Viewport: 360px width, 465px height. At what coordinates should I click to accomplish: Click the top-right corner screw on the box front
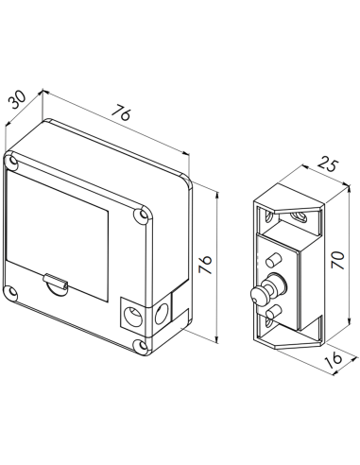coord(143,215)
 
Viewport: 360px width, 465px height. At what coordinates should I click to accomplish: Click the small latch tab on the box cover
coord(57,282)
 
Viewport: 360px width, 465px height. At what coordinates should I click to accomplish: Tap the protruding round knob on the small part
coord(257,296)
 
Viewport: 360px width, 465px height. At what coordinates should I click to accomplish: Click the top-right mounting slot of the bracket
coord(300,220)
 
